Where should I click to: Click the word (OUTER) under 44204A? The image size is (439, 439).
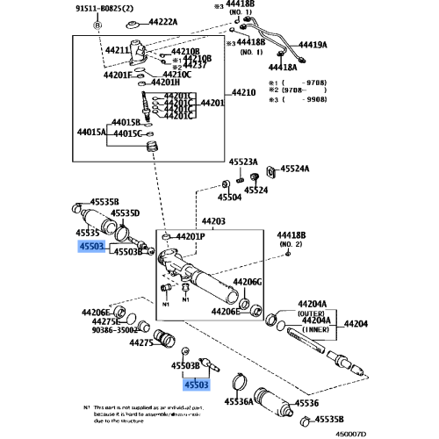pyautogui.click(x=311, y=313)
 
